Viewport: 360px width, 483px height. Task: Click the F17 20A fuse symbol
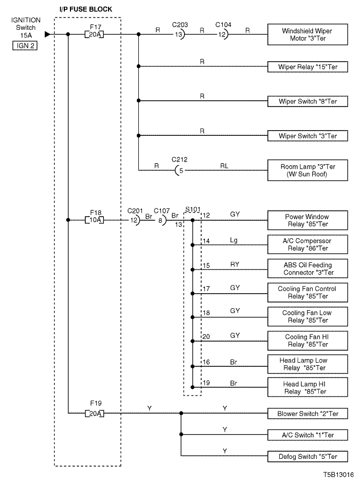94,34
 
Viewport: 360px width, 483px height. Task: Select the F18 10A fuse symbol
94,220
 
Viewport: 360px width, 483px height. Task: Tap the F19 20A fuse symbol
94,414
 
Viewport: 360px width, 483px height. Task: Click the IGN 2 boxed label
25,46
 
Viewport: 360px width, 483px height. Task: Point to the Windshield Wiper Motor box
308,34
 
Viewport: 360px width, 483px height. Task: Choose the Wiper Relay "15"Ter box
308,67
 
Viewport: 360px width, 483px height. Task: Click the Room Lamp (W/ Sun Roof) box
308,170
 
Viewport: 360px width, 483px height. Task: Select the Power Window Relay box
308,220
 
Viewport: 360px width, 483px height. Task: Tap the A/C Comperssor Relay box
308,244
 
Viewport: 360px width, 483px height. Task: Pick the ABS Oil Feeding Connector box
308,269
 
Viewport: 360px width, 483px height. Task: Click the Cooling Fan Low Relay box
308,316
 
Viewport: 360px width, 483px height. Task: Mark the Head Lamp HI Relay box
308,387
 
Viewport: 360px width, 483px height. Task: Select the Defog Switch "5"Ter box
308,456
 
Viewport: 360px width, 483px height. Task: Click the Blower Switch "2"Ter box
308,414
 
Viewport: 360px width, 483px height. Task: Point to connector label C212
179,159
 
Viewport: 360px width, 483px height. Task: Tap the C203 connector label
180,25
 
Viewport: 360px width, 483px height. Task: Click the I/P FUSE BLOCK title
86,9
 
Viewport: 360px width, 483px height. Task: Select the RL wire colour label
224,166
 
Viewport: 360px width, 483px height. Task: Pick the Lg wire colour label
233,240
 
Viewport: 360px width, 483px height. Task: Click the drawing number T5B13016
338,475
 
